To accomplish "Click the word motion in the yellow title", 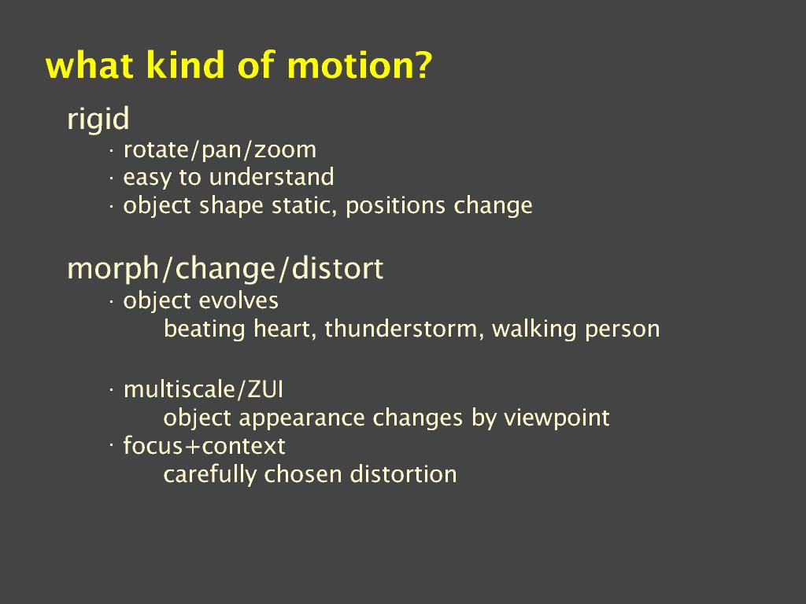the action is click(x=359, y=65).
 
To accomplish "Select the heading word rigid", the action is click(x=98, y=120).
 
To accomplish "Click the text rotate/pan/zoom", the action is click(x=220, y=150).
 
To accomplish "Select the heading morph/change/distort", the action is click(x=225, y=269).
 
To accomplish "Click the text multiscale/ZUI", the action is click(x=203, y=389).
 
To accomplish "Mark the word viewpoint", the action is click(x=556, y=418).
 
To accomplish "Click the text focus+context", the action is click(x=204, y=446).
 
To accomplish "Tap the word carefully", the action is click(x=209, y=474).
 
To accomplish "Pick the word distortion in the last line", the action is click(x=404, y=474).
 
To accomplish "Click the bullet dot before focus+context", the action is click(x=110, y=445).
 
